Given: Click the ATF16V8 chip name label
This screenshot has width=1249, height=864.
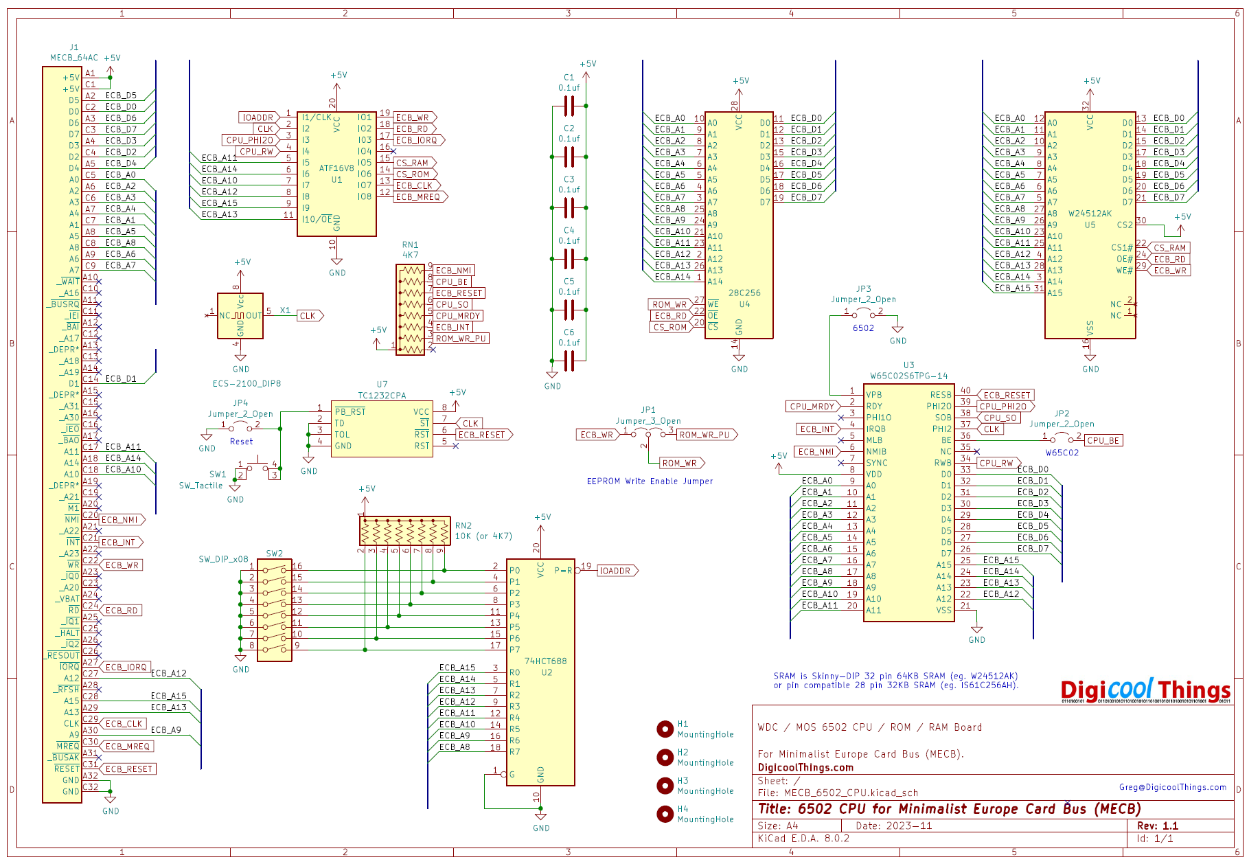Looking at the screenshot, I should pos(336,168).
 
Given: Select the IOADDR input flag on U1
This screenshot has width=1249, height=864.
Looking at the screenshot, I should pos(257,117).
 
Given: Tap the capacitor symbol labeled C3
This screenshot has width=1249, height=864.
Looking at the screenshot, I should pos(569,207).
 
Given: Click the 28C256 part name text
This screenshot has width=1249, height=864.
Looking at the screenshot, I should pos(744,293).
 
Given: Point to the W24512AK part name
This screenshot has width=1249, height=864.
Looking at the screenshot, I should pos(1090,214).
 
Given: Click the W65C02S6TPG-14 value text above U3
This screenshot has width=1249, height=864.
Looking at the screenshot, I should pos(908,376).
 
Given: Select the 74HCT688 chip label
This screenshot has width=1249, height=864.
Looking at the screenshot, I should pos(546,661).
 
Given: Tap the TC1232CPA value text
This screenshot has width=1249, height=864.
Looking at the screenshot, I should pos(382,396).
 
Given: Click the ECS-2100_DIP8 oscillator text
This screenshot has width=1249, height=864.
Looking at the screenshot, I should pos(247,384).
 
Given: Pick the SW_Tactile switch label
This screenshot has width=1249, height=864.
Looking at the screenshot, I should pos(200,486).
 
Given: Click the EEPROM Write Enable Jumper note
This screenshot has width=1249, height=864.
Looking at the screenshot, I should pos(650,481).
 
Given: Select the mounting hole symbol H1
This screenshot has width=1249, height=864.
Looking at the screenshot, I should pos(665,729).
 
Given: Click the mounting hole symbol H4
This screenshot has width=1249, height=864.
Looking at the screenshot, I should pos(665,814).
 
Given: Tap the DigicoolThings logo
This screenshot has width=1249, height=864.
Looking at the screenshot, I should pos(1145,690).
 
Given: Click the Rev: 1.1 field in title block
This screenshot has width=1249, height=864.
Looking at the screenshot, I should pos(1157,826).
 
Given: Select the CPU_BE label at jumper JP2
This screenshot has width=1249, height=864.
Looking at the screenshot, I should pos(1103,441).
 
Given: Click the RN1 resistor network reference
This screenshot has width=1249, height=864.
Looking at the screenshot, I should pos(410,245).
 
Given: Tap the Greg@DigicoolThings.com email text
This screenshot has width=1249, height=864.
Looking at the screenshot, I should pos(1172,787).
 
